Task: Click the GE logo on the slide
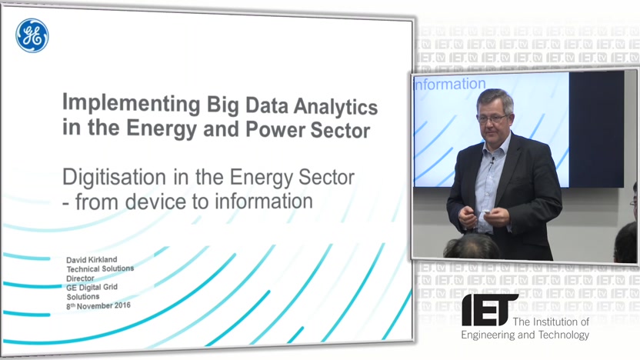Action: pos(32,35)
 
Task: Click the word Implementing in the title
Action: pos(131,104)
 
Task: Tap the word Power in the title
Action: pos(275,129)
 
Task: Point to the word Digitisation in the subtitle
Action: pos(115,177)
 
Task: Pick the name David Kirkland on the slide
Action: pos(92,259)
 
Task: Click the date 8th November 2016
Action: pos(98,305)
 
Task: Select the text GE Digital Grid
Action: pos(92,288)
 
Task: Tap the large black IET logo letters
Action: pos(489,309)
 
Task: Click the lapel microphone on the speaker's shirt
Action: pos(492,161)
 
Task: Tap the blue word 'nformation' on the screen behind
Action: pos(450,84)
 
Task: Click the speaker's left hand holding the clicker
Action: pos(497,217)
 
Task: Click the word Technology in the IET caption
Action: pos(564,335)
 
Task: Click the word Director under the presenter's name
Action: pos(80,278)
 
